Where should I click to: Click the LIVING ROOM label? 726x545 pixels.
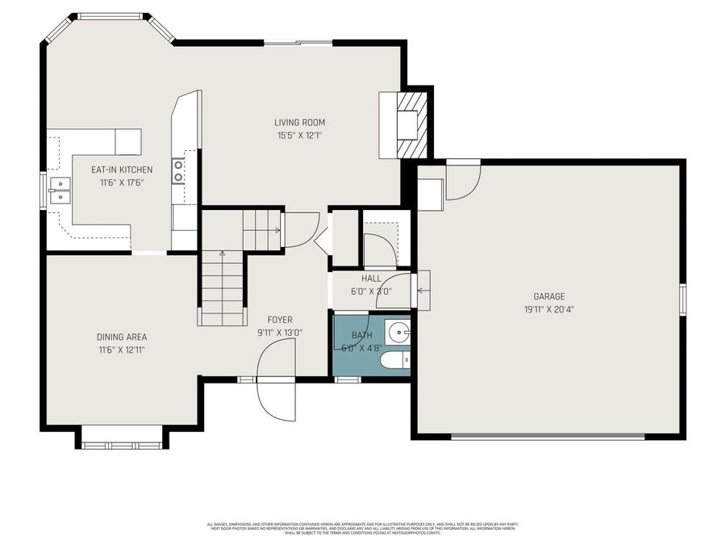click(x=299, y=123)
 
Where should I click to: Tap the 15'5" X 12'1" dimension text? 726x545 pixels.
click(x=299, y=136)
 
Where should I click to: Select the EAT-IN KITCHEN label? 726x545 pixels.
click(x=122, y=170)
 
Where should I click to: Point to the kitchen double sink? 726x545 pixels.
click(x=59, y=190)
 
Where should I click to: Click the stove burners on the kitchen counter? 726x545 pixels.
click(x=178, y=170)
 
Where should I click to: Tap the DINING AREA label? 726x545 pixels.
click(x=122, y=337)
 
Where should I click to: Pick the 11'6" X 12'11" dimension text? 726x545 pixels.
click(x=122, y=350)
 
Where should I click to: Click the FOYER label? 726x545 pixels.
click(x=280, y=320)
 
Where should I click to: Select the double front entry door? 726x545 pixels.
click(x=276, y=379)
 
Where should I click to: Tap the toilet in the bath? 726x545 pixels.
click(x=396, y=360)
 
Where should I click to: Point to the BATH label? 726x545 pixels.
click(x=362, y=335)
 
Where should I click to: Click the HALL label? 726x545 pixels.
click(x=371, y=279)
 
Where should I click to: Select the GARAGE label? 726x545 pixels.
click(x=549, y=296)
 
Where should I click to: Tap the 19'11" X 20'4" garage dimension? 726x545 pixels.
click(x=549, y=308)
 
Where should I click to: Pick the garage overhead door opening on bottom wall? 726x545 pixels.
click(x=548, y=437)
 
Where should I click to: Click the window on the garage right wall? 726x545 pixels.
click(x=682, y=298)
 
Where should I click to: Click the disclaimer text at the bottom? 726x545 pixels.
click(x=362, y=528)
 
